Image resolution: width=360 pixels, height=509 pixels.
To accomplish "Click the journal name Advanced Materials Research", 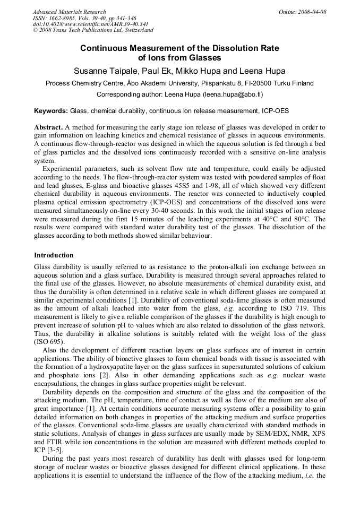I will [x=69, y=12].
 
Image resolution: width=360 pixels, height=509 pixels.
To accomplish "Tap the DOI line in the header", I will [x=90, y=24].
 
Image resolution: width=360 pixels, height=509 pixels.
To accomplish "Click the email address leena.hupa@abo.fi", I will [x=232, y=94].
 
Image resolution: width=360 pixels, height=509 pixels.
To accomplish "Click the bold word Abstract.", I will [x=48, y=128].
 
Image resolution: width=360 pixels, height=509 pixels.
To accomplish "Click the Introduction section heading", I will [x=54, y=255].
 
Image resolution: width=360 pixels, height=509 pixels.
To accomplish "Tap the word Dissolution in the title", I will [x=223, y=48].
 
